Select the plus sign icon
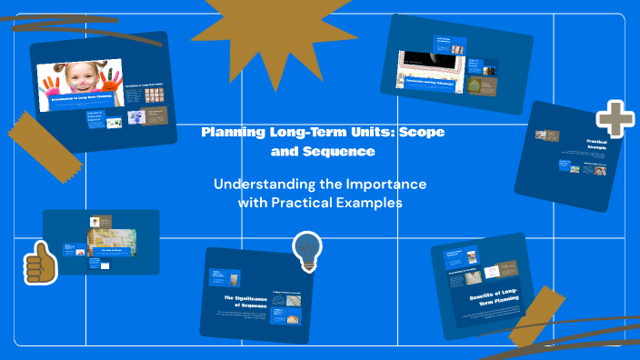(615, 118)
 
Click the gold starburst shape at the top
(245, 27)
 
